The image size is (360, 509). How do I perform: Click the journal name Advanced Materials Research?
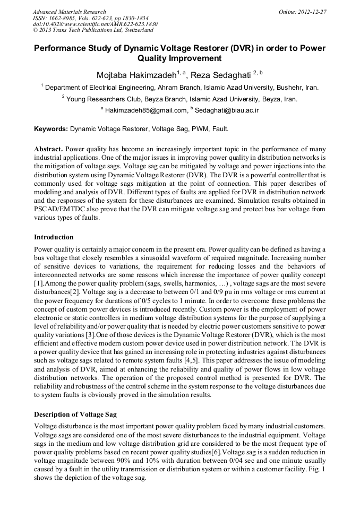(69, 11)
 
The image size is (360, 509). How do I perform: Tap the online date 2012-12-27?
(312, 11)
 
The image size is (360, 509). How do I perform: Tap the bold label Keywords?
(51, 128)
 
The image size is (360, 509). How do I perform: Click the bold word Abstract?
(48, 149)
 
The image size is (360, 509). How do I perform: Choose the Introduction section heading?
(54, 237)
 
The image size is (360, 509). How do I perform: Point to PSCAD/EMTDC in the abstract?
(59, 209)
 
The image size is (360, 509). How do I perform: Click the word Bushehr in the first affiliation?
(289, 87)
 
